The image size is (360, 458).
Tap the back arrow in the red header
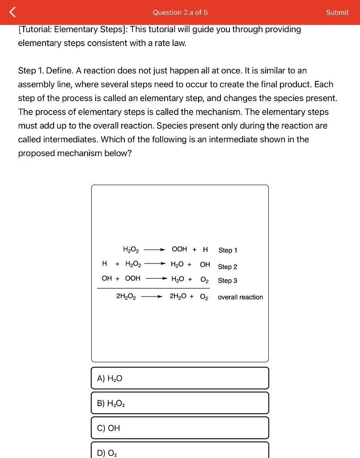(12, 13)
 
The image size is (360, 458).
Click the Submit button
(337, 13)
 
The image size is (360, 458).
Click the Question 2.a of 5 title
(180, 13)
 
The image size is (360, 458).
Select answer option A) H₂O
(180, 378)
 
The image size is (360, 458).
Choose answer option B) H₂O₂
(180, 403)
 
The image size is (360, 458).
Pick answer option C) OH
(180, 428)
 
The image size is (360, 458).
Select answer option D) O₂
(180, 451)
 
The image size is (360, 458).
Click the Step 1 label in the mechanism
(228, 250)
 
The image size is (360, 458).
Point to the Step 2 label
(228, 267)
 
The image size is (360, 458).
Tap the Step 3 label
(228, 280)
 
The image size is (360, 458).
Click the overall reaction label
(241, 297)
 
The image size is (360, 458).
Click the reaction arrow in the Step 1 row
(155, 250)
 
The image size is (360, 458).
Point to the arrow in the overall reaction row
(152, 296)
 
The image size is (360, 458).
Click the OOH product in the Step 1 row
(179, 249)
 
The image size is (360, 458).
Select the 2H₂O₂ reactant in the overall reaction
(126, 296)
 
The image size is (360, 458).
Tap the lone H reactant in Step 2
(105, 264)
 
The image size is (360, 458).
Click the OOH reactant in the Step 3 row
(132, 278)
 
